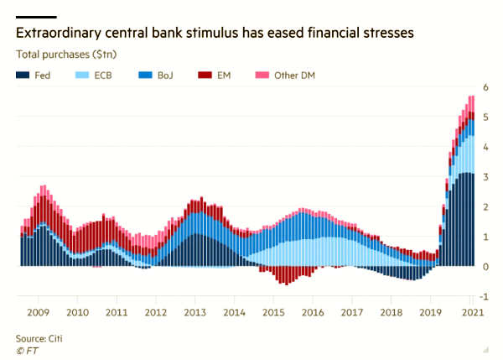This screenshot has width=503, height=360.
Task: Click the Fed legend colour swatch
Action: click(23, 76)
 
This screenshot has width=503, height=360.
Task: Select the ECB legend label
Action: click(103, 76)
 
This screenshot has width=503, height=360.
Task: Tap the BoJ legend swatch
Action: click(145, 76)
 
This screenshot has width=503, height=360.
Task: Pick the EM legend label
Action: click(224, 76)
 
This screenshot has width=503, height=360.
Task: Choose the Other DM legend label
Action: click(294, 76)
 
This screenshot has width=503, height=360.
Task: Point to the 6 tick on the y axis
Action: click(485, 87)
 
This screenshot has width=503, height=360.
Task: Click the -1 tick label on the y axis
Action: click(484, 296)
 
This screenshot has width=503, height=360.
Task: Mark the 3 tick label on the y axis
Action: click(485, 176)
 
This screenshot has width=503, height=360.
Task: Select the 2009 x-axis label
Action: click(39, 312)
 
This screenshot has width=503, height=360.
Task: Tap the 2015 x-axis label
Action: click(273, 312)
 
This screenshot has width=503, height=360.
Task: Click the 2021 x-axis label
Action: click(472, 312)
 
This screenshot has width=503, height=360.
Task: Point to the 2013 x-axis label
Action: click(195, 312)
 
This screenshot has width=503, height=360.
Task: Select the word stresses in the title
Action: click(388, 33)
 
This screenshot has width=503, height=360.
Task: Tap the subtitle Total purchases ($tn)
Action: click(66, 55)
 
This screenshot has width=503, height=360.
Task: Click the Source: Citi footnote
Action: click(39, 338)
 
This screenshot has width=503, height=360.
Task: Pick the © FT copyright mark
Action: click(27, 351)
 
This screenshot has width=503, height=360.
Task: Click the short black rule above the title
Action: click(36, 17)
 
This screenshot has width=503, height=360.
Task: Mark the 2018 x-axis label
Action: click(391, 312)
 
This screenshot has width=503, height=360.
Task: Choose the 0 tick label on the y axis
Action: click(485, 267)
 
